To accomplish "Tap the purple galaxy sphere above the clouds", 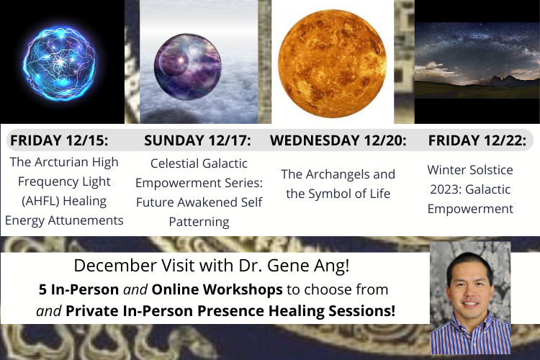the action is (188, 67).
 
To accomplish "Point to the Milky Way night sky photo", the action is (477, 60).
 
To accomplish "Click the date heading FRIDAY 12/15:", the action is (59, 140).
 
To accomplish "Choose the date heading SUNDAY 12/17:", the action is (197, 140).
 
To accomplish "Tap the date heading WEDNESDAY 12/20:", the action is (338, 140).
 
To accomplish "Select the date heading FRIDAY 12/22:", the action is (477, 140).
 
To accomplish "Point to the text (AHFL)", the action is (40, 201).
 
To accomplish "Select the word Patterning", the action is (199, 222).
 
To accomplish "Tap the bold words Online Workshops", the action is (217, 289).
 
